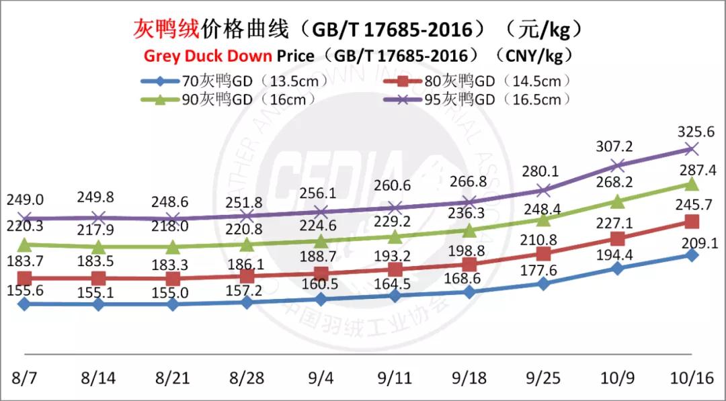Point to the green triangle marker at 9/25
pos(544,219)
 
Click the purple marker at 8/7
pos(25,218)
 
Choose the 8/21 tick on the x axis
pos(173,377)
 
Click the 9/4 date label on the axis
pos(321,377)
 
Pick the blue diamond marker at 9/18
pos(469,292)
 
